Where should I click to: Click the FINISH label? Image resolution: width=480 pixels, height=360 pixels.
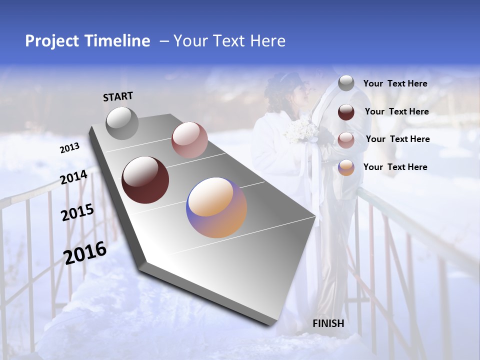(328, 323)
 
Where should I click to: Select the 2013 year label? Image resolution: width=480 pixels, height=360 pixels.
(69, 148)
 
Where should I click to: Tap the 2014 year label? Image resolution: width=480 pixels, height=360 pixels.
(74, 177)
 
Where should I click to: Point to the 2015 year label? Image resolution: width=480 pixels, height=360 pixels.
(77, 212)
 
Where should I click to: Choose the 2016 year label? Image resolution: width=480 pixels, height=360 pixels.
(85, 253)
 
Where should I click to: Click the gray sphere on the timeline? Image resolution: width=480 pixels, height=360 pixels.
(122, 123)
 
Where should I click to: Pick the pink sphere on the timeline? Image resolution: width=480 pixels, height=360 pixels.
(189, 140)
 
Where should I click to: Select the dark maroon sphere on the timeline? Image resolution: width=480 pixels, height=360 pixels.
(145, 180)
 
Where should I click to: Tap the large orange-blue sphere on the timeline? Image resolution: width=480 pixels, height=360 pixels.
(216, 207)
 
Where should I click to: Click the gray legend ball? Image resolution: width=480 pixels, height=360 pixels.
(346, 83)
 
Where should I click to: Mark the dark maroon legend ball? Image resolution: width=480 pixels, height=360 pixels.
(346, 112)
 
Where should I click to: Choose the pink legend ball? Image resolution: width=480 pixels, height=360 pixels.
(346, 140)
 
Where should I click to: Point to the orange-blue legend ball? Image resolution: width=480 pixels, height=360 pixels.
(346, 167)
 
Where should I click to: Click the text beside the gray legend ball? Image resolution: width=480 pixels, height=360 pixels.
(395, 83)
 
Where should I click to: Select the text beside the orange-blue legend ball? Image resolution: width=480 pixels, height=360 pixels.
(395, 167)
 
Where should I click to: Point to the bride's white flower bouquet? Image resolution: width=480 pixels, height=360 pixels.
(302, 131)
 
